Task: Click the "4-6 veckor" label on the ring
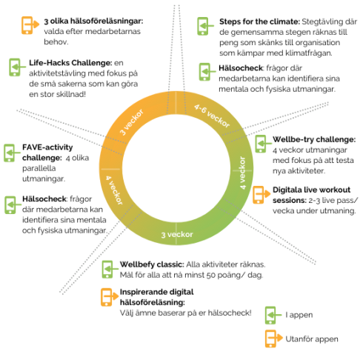[212, 116]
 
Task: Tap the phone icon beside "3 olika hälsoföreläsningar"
[30, 25]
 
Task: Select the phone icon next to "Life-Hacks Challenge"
[17, 67]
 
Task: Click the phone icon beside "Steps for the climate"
[205, 26]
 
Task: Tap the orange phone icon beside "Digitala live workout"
[261, 195]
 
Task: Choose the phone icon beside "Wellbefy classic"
[110, 270]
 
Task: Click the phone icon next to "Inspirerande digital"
[110, 297]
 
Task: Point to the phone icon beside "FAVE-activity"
[12, 153]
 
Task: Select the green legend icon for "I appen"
[273, 316]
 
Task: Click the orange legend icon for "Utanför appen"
[274, 339]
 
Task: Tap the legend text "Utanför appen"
[312, 339]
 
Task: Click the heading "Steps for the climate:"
[259, 21]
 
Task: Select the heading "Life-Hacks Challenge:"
[70, 63]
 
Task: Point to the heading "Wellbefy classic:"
[152, 264]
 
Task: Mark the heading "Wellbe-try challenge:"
[314, 139]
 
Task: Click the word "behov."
[56, 42]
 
